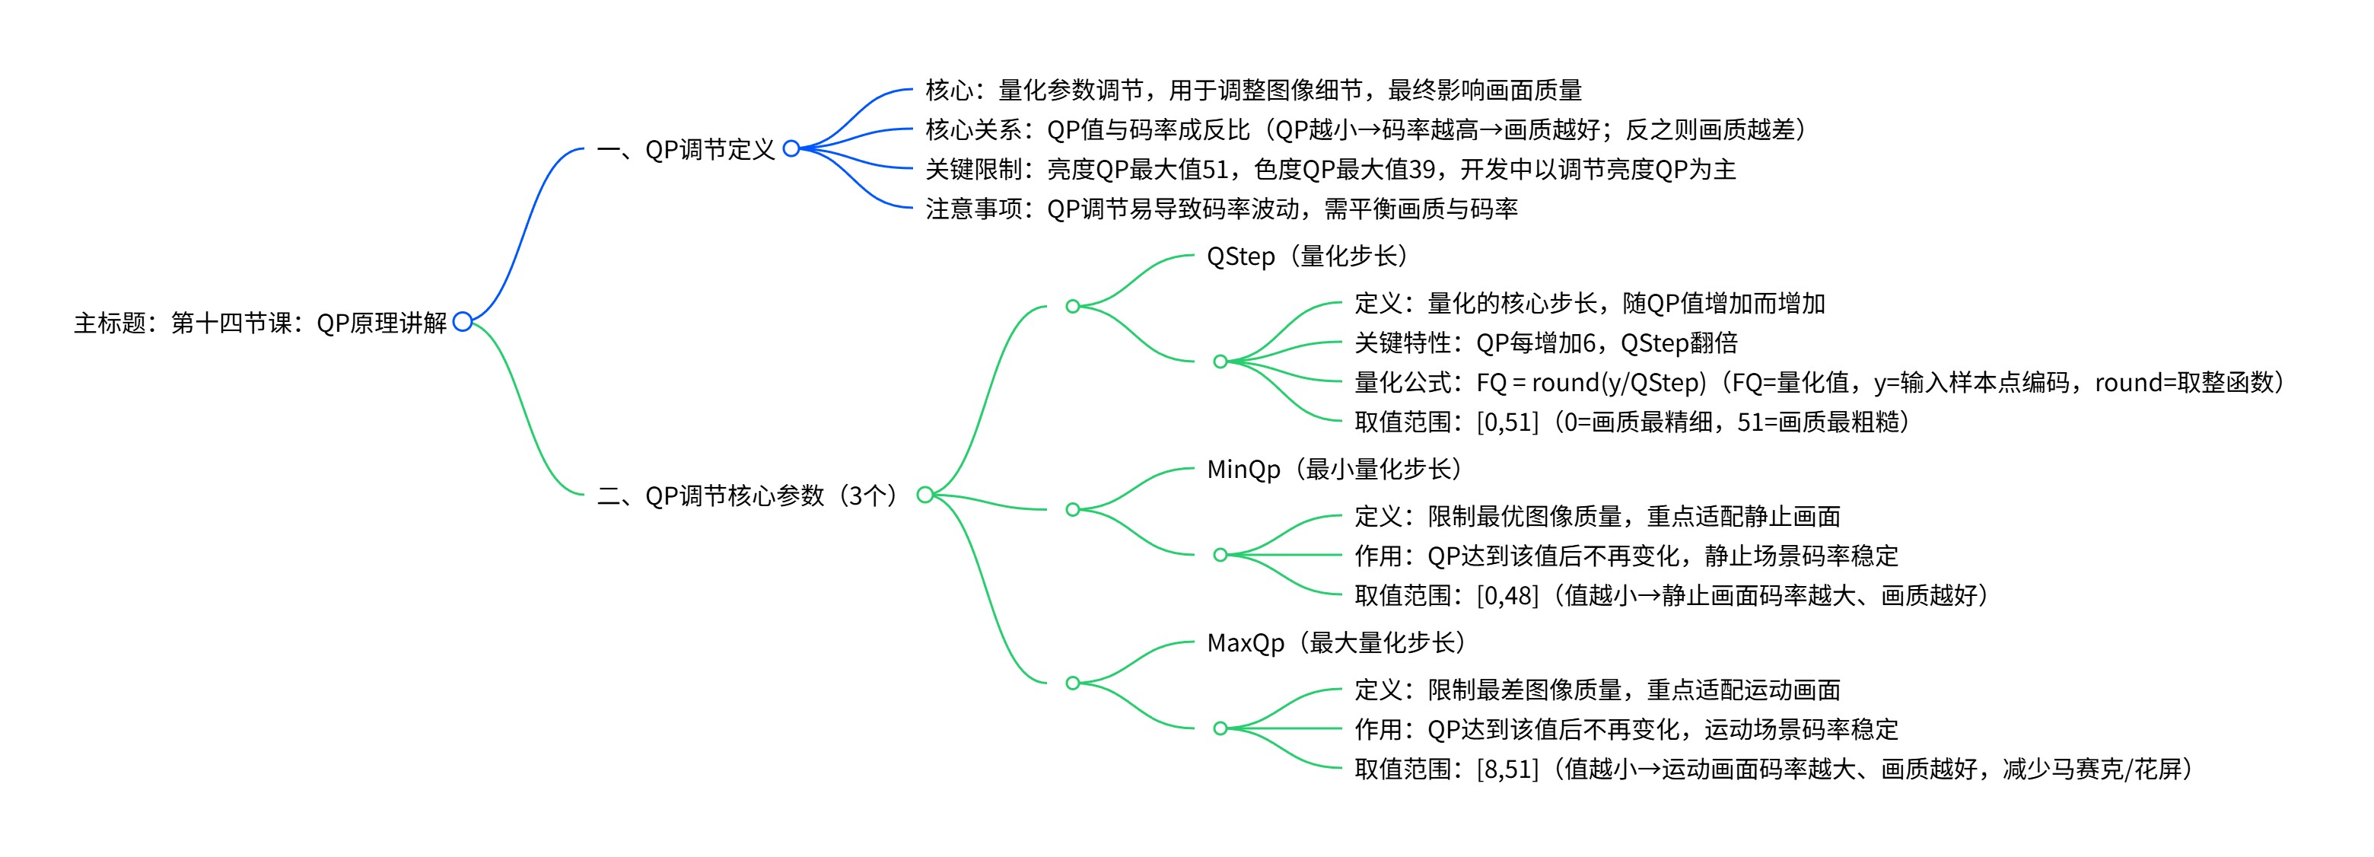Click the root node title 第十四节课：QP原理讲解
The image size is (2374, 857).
260,323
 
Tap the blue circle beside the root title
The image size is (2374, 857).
463,322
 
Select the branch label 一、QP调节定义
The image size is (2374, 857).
686,149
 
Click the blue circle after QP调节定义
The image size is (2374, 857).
791,148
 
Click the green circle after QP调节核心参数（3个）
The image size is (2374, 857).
925,495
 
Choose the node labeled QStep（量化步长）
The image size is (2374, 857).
1306,256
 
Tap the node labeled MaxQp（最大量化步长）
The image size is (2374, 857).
1335,642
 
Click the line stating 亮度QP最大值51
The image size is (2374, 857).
1330,170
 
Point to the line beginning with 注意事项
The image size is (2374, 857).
1221,209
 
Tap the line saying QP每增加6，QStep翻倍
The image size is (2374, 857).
1545,342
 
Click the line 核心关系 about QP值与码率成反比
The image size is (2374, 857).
1365,130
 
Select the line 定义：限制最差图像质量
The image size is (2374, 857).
1597,690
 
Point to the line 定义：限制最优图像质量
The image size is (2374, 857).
1597,516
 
